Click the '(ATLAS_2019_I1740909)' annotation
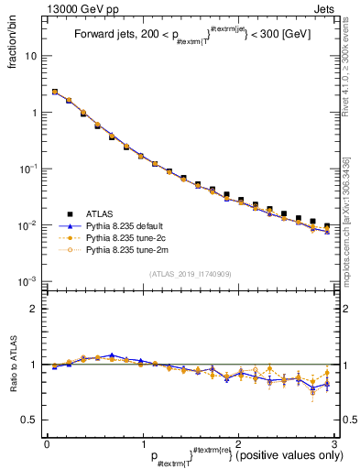[x=190, y=274]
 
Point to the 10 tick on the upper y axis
[x=31, y=56]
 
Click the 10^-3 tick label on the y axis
[x=28, y=281]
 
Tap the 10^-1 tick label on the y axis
[x=28, y=169]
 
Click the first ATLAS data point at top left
[x=54, y=92]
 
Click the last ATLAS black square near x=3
[x=327, y=225]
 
